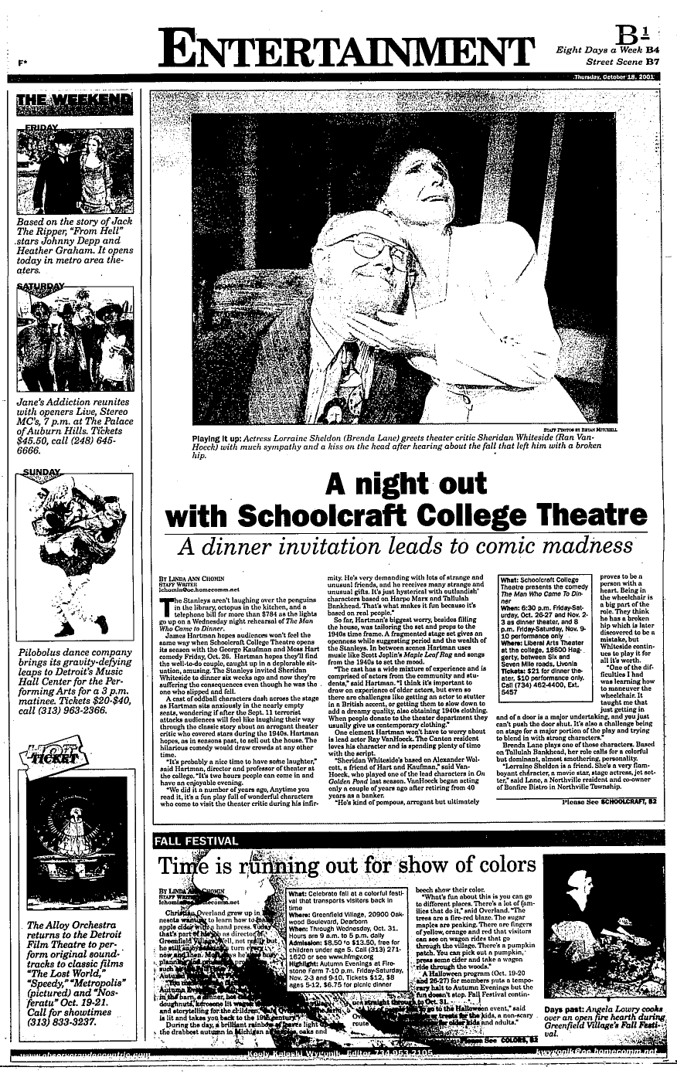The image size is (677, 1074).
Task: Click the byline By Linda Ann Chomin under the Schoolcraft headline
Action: click(196, 577)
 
